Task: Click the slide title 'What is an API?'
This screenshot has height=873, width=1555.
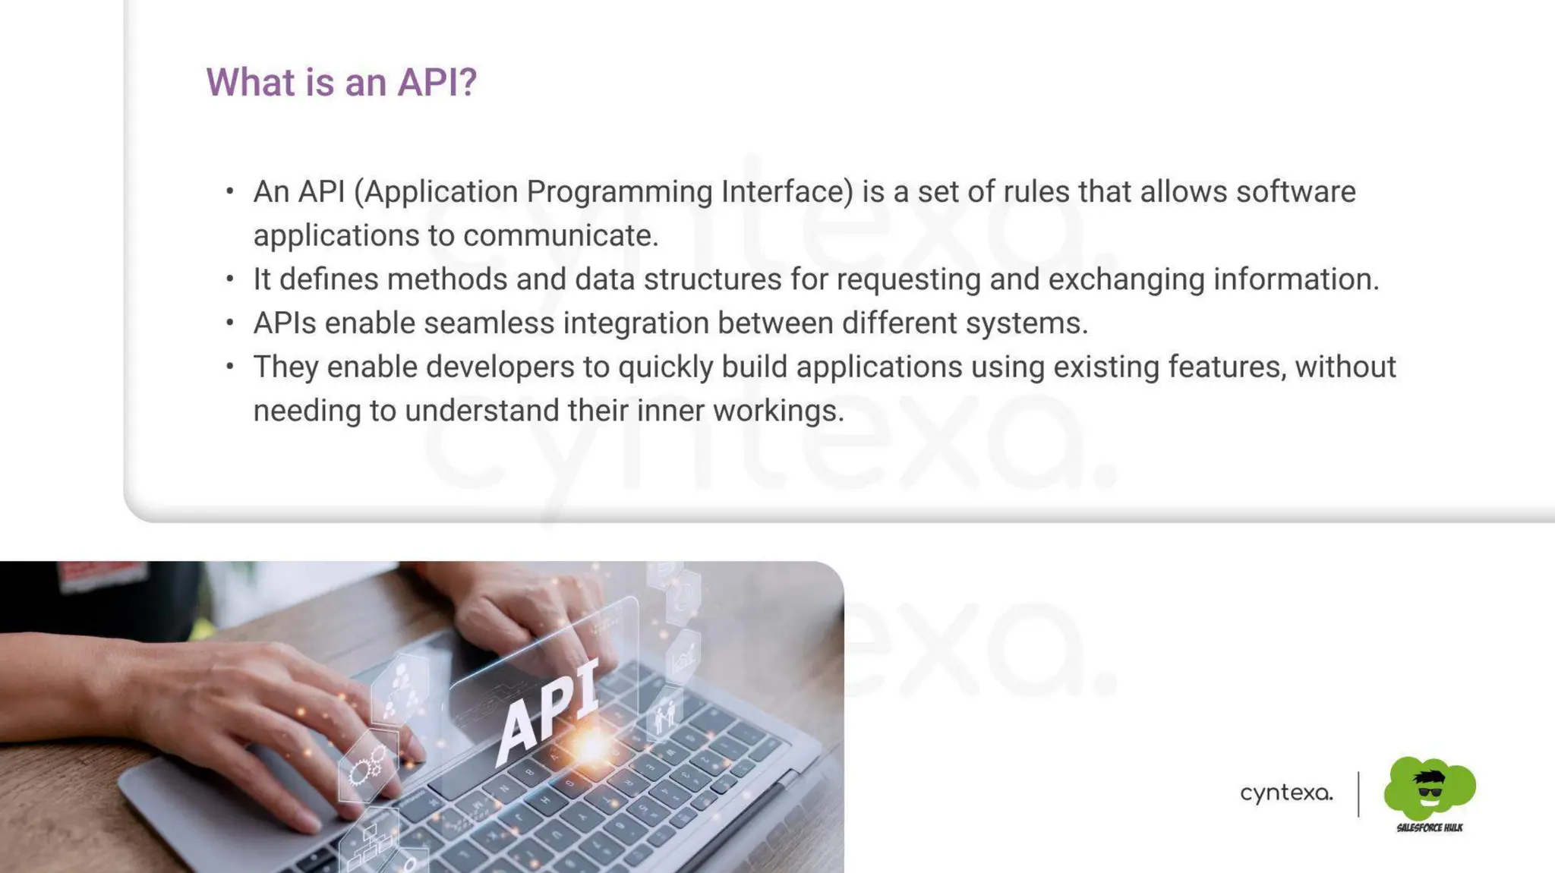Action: coord(341,82)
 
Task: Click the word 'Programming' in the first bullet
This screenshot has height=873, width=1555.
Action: coord(619,192)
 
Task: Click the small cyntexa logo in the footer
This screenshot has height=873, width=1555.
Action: coord(1286,793)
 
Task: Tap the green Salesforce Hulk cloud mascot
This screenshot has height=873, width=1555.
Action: coord(1429,787)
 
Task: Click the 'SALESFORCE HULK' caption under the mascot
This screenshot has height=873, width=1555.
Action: coord(1429,827)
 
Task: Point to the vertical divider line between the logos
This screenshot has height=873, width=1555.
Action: coord(1358,794)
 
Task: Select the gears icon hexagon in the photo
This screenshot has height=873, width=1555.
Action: coord(367,767)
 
